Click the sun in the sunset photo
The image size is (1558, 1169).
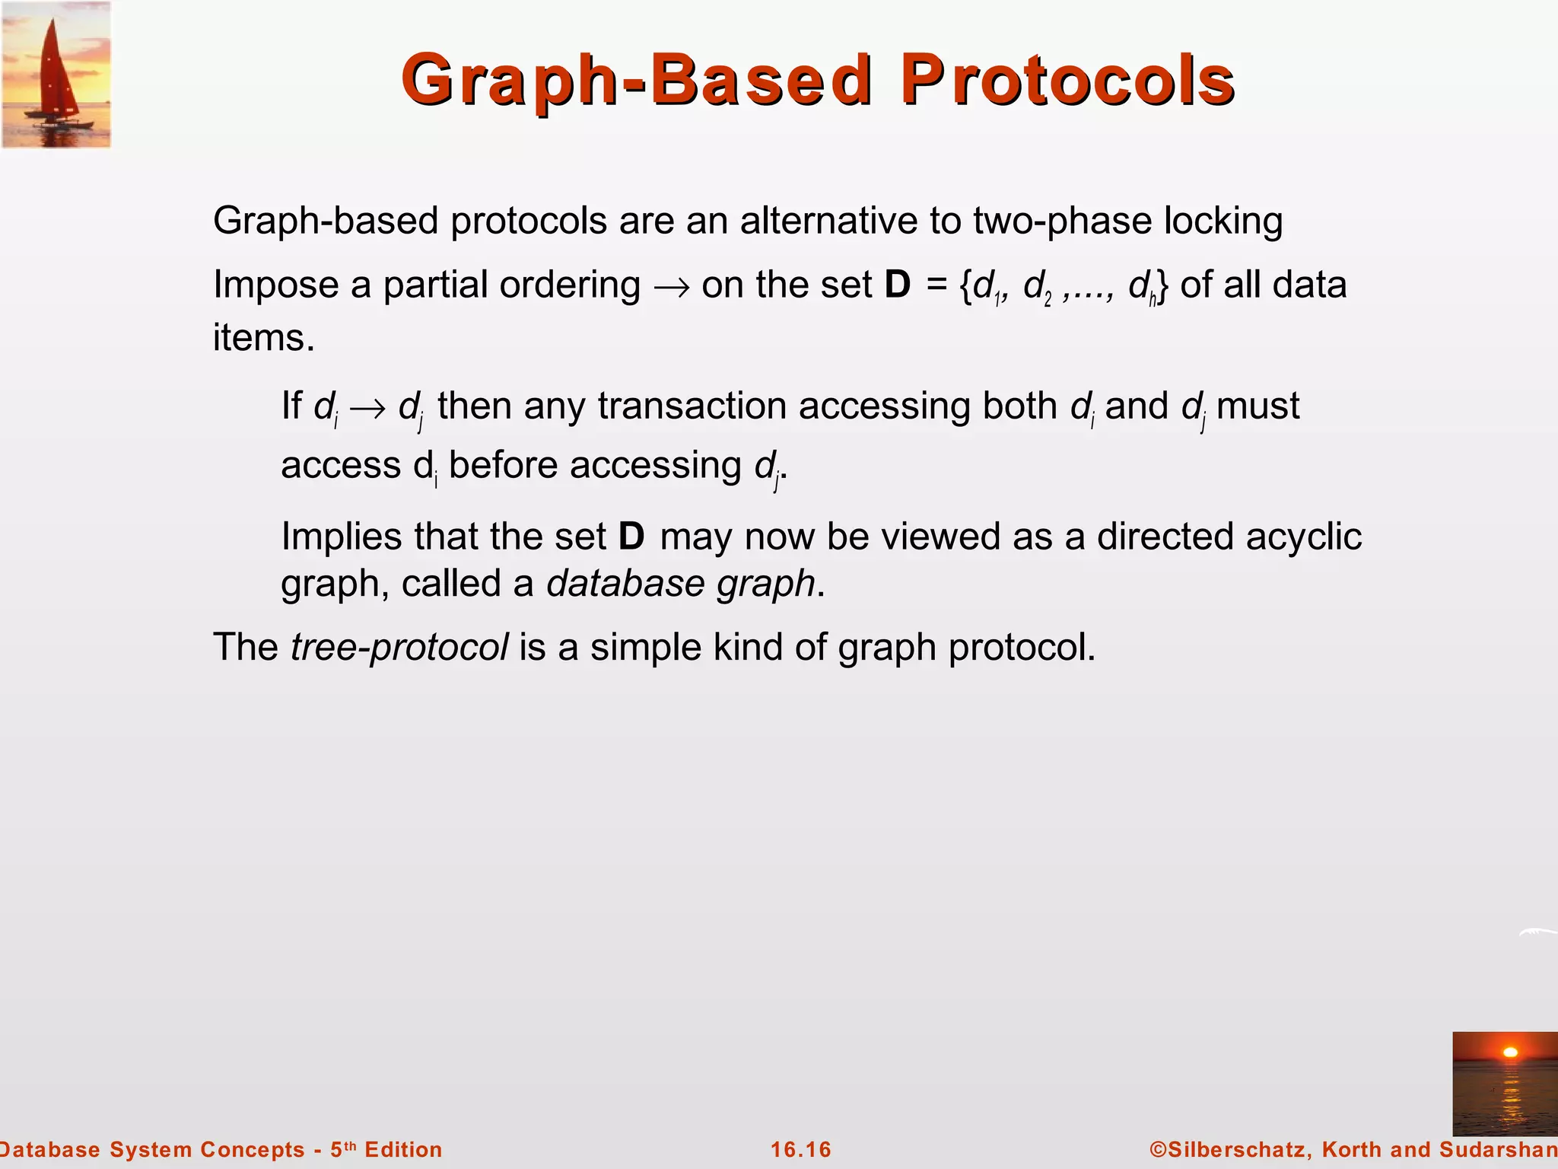pyautogui.click(x=1511, y=1053)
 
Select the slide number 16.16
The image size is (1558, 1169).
pyautogui.click(x=801, y=1149)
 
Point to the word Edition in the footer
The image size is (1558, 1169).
pyautogui.click(x=403, y=1149)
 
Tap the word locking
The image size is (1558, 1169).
pyautogui.click(x=1223, y=221)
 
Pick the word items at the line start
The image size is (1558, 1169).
pyautogui.click(x=262, y=337)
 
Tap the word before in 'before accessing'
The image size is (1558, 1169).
pyautogui.click(x=503, y=465)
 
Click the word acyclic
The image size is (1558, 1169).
pyautogui.click(x=1304, y=537)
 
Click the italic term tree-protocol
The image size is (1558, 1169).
pyautogui.click(x=399, y=648)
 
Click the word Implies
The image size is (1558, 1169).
pyautogui.click(x=342, y=537)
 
